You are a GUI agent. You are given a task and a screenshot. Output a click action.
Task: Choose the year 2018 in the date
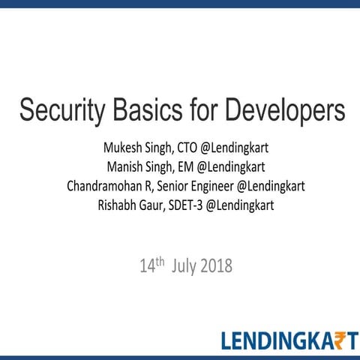click(x=216, y=266)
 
